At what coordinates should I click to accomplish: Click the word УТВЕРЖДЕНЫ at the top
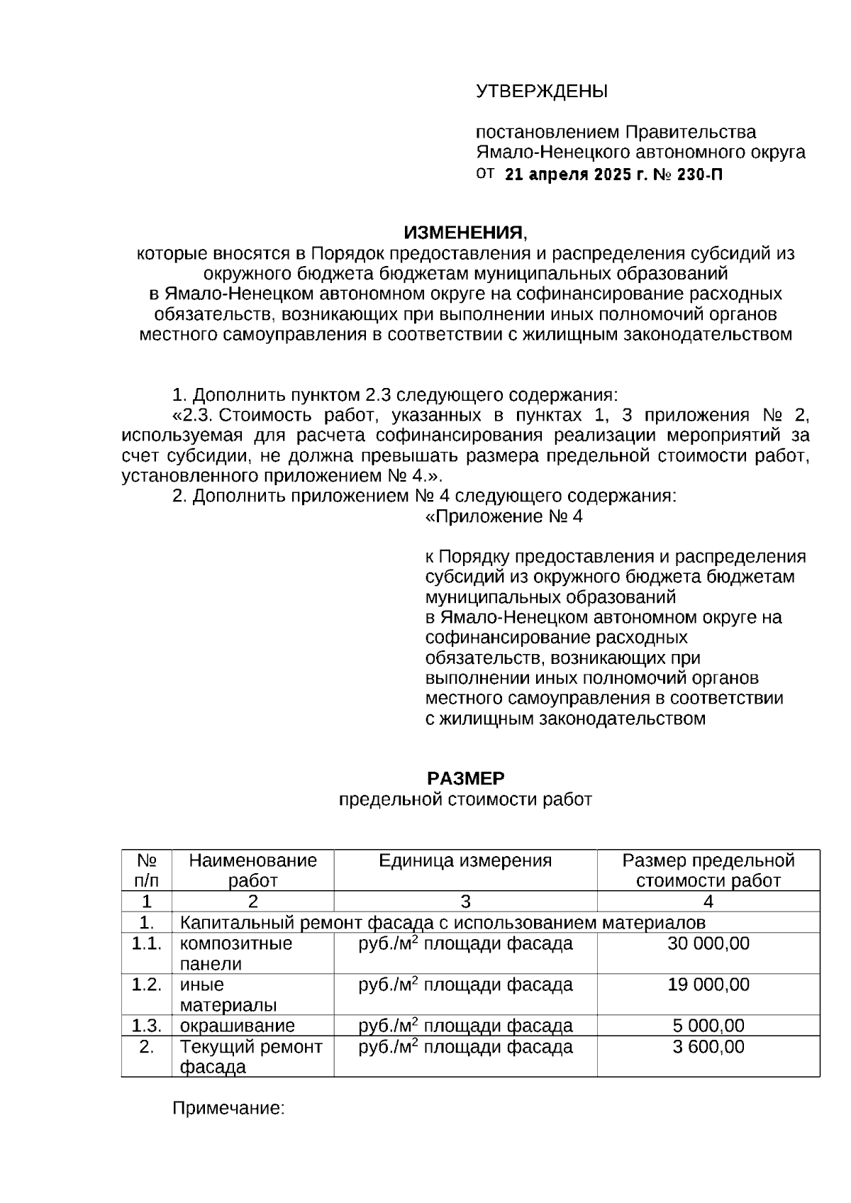541,92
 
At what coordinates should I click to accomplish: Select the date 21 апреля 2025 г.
577,175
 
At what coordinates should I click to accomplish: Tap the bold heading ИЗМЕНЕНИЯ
465,233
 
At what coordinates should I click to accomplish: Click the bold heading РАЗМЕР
465,779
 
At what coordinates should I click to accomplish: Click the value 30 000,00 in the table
708,943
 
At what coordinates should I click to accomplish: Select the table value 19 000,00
708,985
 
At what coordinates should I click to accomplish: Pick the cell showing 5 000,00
708,1026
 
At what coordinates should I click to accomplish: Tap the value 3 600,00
708,1047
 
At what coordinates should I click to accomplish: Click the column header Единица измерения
465,861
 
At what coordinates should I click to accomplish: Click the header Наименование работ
252,870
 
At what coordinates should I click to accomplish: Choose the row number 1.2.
146,985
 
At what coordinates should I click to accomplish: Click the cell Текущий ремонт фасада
250,1057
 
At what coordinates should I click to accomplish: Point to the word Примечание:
228,1108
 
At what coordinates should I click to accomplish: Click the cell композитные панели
235,953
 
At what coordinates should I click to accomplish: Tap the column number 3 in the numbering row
465,902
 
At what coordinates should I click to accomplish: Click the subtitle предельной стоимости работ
465,800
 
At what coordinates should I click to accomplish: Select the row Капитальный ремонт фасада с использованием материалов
443,923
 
